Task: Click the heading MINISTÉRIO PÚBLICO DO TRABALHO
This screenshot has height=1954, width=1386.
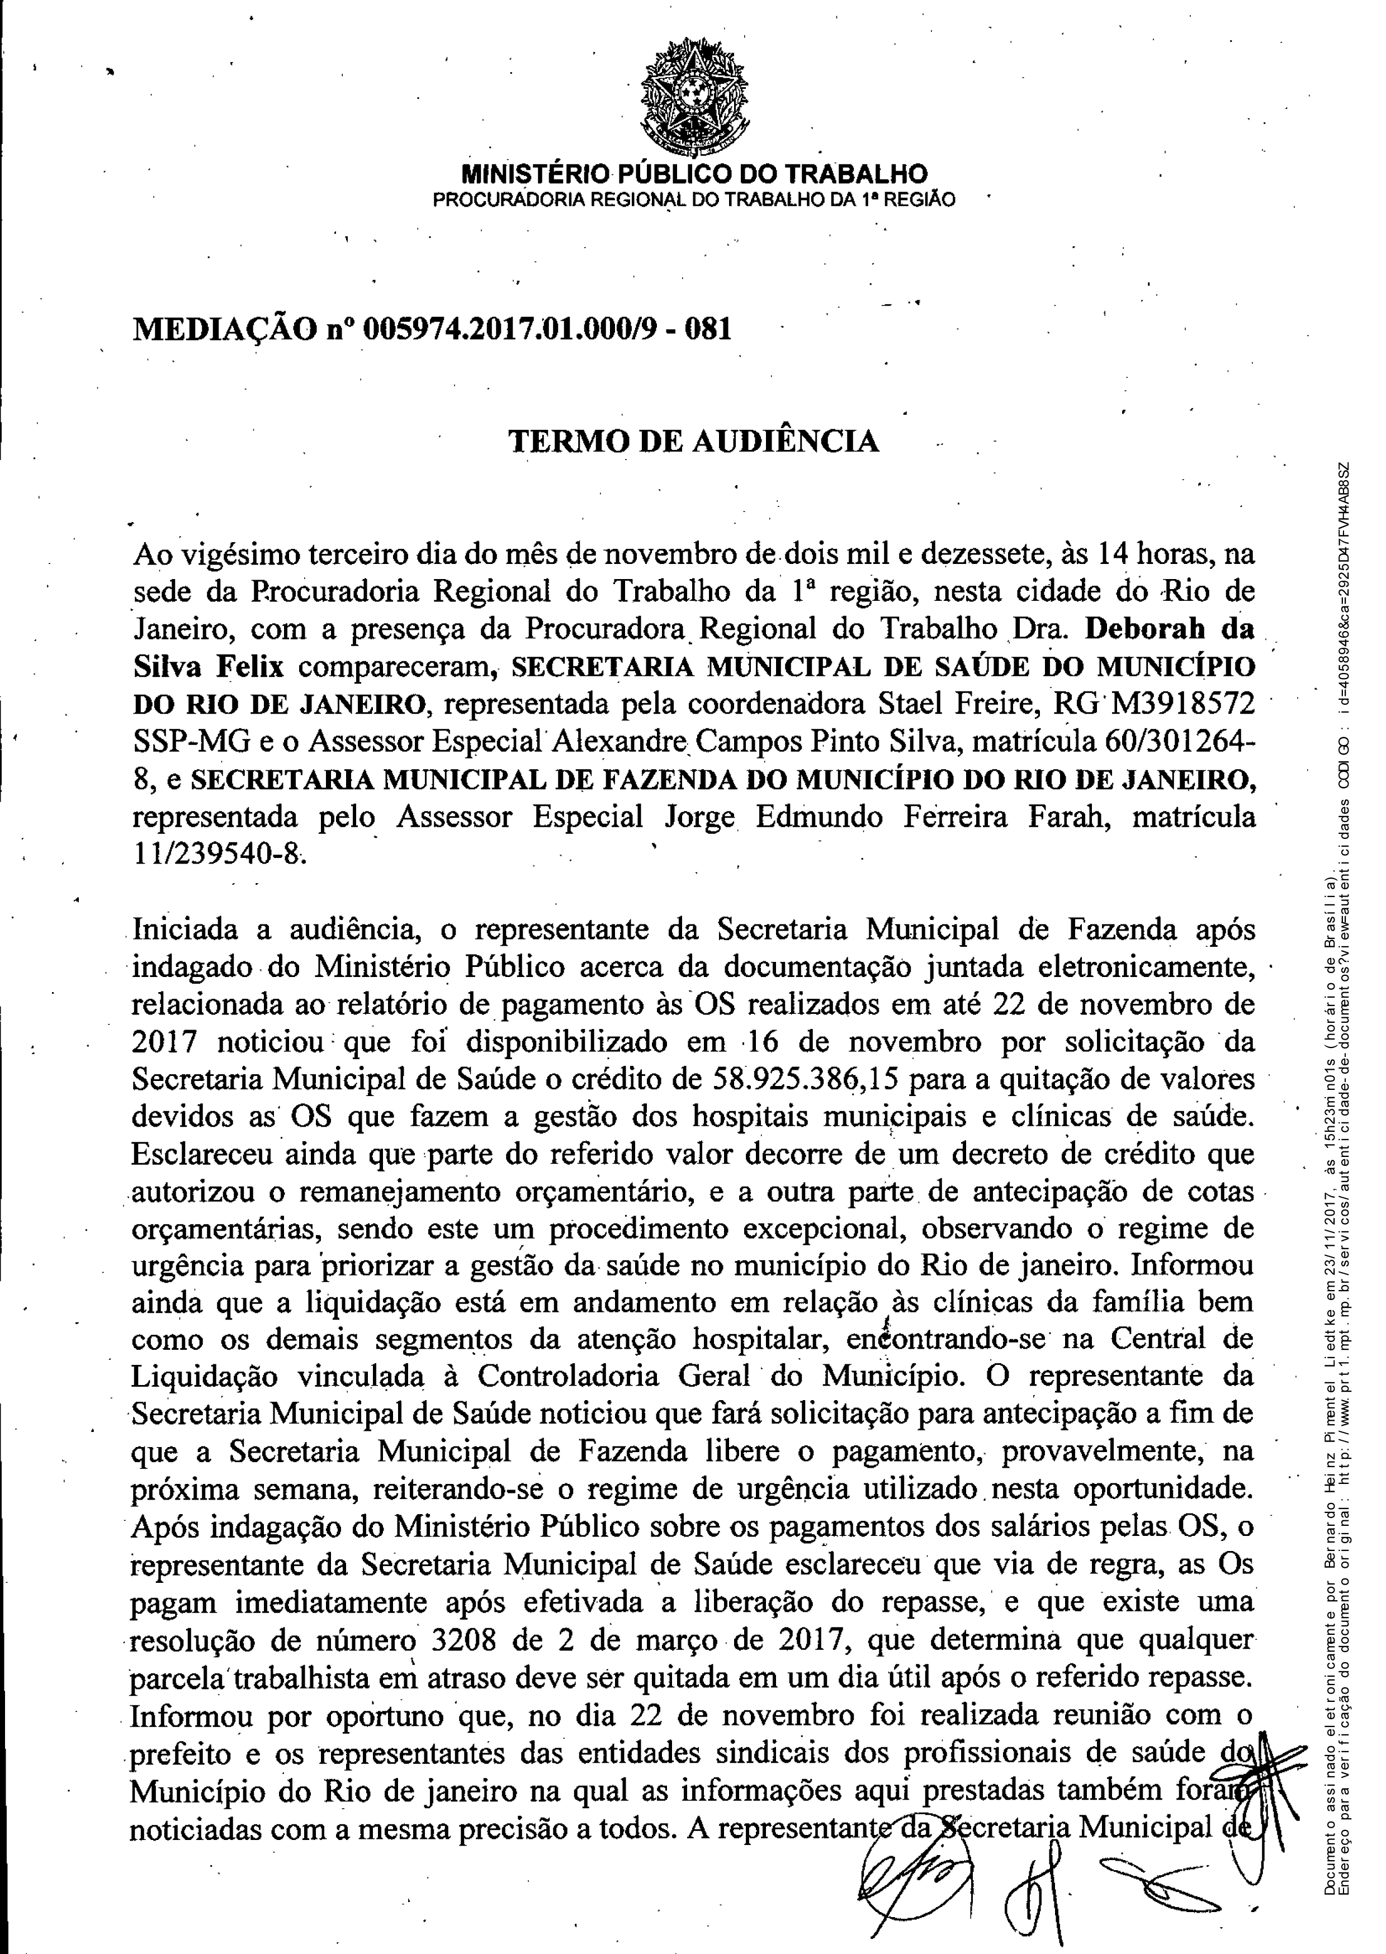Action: point(694,175)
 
